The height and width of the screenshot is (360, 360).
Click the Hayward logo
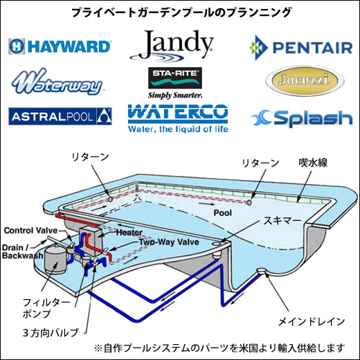pos(60,46)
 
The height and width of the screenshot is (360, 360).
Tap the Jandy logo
pos(171,46)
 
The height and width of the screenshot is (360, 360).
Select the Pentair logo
pos(301,48)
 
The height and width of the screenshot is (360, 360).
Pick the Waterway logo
pos(57,82)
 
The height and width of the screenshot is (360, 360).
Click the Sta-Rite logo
pos(175,83)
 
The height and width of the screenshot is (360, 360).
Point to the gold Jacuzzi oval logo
pos(305,81)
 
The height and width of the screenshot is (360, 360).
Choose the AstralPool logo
pos(60,116)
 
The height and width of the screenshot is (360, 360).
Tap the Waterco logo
pos(178,118)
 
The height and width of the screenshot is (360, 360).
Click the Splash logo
pos(302,118)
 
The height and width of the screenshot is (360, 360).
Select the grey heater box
pos(91,240)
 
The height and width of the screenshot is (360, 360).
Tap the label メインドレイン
pos(312,322)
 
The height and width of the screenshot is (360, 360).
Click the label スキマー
pos(282,221)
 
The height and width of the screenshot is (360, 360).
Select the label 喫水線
pos(313,163)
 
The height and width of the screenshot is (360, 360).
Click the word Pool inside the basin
pos(222,213)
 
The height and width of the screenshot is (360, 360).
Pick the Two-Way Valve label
pos(169,242)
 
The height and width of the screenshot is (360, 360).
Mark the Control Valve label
pos(30,231)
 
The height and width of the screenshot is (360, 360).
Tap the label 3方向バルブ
pos(51,333)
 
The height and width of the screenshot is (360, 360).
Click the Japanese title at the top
pos(181,12)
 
